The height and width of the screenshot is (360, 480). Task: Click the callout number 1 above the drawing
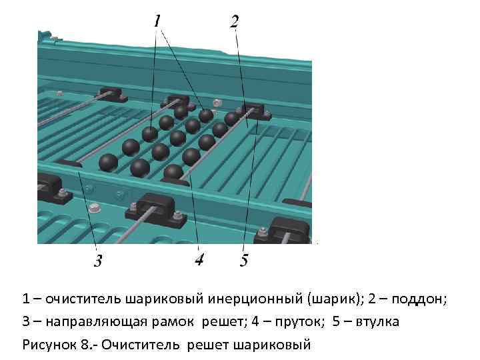[x=157, y=22]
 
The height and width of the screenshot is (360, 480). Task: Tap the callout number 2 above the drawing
[x=235, y=22]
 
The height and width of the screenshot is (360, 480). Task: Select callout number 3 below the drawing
[x=98, y=260]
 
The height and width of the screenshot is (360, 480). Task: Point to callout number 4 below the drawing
[x=199, y=259]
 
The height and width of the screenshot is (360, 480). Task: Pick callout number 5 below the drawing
[x=244, y=260]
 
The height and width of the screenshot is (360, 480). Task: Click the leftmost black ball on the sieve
[x=108, y=162]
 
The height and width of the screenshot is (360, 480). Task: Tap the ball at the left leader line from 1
[x=149, y=134]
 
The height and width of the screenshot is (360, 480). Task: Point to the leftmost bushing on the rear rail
[x=112, y=94]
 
